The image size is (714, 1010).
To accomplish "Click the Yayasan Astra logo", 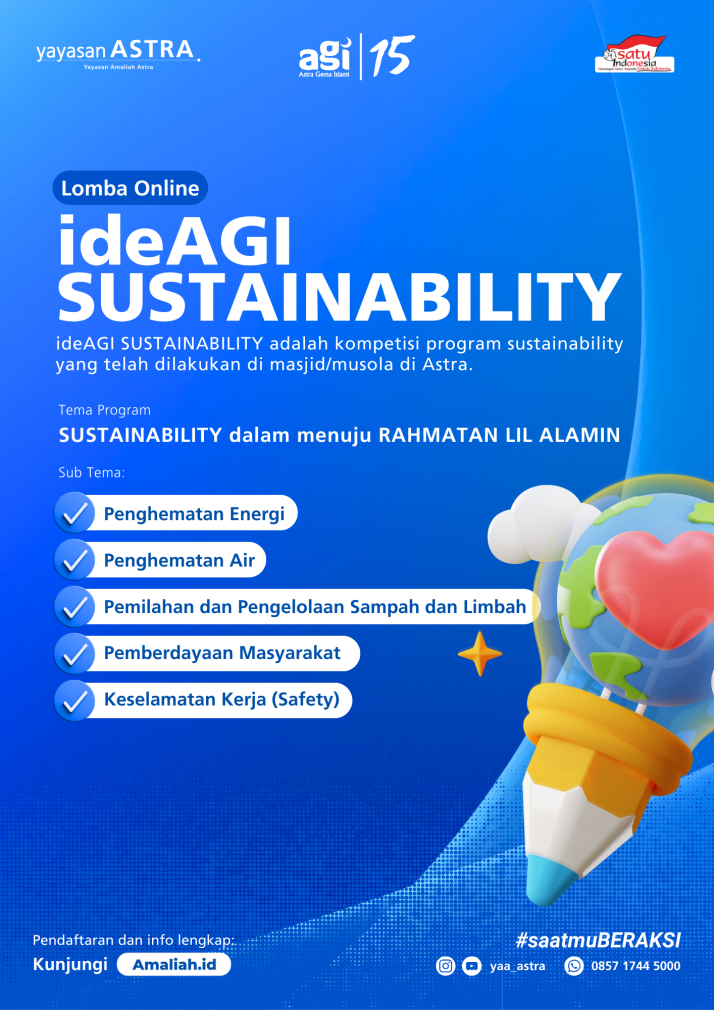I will tap(116, 52).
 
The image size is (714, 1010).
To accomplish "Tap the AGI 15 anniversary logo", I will tap(356, 56).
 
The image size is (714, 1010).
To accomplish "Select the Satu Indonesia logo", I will tap(634, 56).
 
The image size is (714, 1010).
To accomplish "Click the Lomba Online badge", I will tap(130, 187).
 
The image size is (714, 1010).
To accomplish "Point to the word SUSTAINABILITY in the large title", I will tap(339, 294).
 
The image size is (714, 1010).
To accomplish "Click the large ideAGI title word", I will tap(175, 240).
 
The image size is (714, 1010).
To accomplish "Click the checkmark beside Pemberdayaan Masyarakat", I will tap(74, 654).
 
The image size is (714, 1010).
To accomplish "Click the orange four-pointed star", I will tap(480, 654).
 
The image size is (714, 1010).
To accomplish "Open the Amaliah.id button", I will tap(174, 965).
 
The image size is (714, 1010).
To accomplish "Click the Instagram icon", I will tap(446, 966).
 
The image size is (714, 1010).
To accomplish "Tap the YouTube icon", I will tap(472, 966).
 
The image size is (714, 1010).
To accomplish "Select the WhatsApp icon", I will tap(574, 966).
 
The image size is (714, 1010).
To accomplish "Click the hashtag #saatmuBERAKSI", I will tap(598, 940).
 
